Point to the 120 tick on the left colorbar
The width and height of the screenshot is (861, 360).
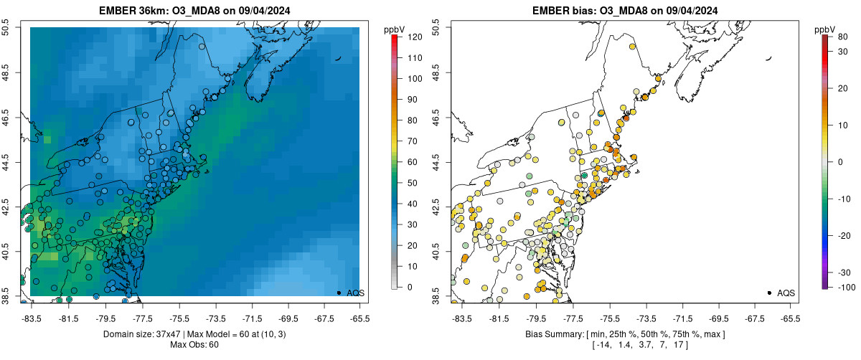pos(415,36)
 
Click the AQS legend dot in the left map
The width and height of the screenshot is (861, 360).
pos(339,293)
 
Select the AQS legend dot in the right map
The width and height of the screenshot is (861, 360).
pos(769,293)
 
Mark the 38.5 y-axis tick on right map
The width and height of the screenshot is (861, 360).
pos(437,295)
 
